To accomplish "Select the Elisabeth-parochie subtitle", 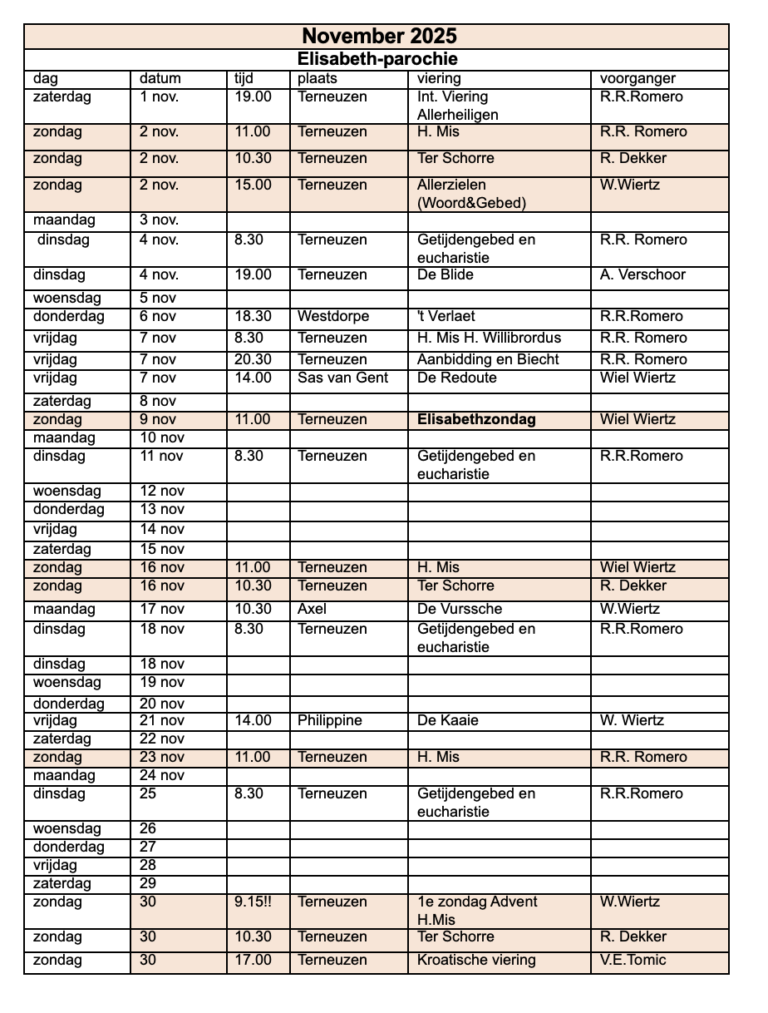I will (x=378, y=60).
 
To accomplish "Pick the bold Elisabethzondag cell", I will (x=476, y=419).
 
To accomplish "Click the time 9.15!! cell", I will (x=254, y=902).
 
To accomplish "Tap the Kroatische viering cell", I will (x=476, y=961).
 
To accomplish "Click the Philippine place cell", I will (x=330, y=721).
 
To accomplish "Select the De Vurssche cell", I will (x=460, y=610).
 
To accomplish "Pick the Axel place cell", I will (x=313, y=610).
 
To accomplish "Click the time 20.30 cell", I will (x=254, y=360).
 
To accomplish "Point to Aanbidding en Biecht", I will (x=488, y=360).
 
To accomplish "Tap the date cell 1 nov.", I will (x=159, y=97).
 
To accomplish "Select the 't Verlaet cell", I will (x=446, y=316).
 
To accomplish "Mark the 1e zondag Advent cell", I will (x=477, y=902).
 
